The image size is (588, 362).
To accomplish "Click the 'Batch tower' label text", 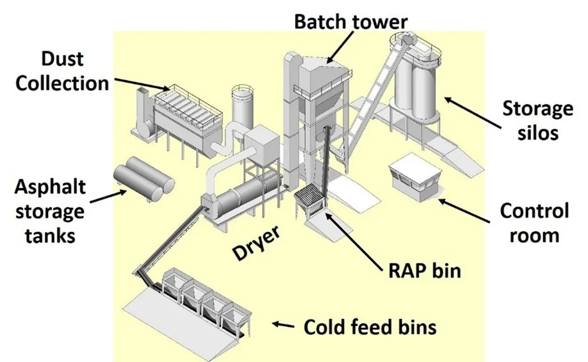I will tap(350, 22).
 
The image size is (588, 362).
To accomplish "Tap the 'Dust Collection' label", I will tap(62, 71).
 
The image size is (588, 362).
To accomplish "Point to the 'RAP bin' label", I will tap(424, 270).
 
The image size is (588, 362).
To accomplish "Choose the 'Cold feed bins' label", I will tap(370, 327).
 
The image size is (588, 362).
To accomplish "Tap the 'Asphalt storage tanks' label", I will tap(49, 211).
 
